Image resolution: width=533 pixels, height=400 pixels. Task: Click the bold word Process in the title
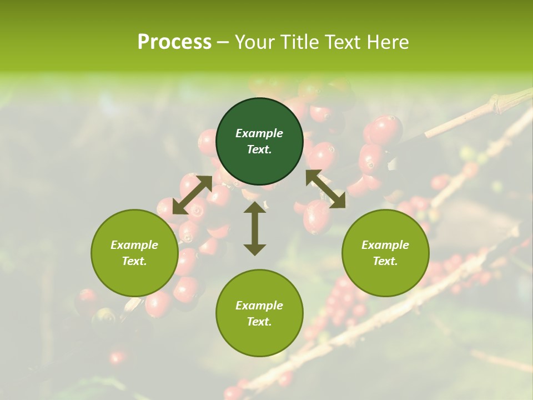click(x=174, y=42)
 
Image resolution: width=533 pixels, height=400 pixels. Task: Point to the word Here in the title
click(x=388, y=42)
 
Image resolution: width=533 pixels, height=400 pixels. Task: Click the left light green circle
click(x=134, y=253)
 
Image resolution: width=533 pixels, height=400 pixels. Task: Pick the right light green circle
click(x=385, y=253)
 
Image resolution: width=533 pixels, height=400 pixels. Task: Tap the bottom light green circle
click(x=259, y=313)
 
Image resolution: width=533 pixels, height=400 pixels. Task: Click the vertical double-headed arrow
click(x=255, y=228)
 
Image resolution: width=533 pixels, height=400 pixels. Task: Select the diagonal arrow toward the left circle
click(x=192, y=194)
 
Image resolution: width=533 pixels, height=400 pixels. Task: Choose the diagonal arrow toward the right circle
click(x=325, y=189)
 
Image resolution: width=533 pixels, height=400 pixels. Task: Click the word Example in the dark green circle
click(x=259, y=133)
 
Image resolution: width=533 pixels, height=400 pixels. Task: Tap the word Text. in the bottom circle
click(x=259, y=322)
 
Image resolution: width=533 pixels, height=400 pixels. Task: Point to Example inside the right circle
click(x=385, y=245)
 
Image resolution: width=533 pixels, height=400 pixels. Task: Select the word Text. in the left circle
click(x=134, y=261)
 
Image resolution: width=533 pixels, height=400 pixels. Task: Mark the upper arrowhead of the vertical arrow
click(x=255, y=207)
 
